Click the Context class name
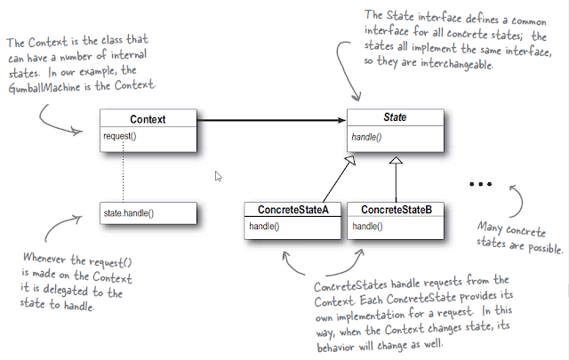click(148, 118)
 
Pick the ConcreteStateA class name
click(294, 210)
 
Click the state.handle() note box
click(148, 214)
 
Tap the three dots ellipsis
click(479, 185)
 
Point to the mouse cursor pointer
click(218, 176)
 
